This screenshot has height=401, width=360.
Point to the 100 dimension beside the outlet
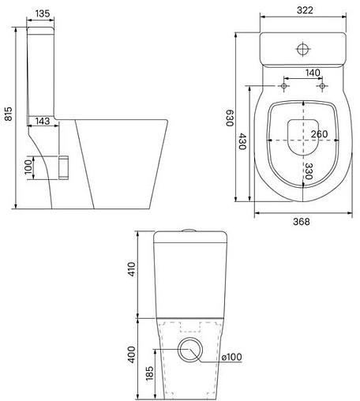28,167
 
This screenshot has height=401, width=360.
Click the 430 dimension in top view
244,142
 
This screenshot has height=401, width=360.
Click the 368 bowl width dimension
300,221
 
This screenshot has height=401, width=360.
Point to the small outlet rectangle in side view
65,166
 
